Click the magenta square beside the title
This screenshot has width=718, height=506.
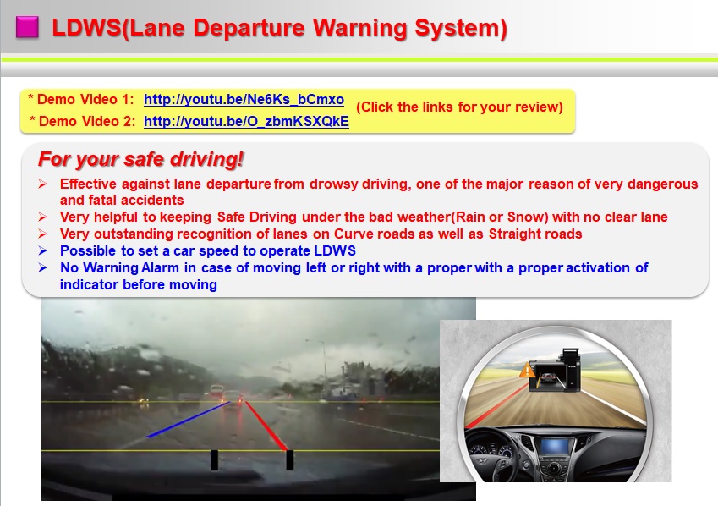27,27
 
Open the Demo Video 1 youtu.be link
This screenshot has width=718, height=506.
244,100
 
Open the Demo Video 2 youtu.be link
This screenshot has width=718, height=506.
246,122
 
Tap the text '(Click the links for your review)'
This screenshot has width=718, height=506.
459,107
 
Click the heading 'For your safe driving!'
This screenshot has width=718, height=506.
140,159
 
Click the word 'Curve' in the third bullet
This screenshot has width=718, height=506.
351,234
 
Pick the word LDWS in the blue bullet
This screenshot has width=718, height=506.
335,250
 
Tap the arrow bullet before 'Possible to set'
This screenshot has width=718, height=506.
42,250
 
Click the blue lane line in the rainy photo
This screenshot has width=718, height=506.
188,420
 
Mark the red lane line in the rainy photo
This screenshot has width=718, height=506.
266,426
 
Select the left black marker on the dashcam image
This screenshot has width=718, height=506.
214,459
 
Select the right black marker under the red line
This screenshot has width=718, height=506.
290,459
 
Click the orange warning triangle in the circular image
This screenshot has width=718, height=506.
528,370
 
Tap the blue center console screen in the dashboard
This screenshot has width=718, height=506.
554,446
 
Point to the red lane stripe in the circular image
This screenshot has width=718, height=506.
497,405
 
